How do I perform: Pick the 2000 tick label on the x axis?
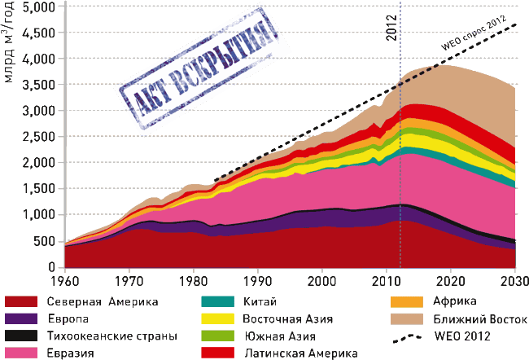pyautogui.click(x=322, y=280)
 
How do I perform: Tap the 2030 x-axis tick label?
pyautogui.click(x=514, y=280)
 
